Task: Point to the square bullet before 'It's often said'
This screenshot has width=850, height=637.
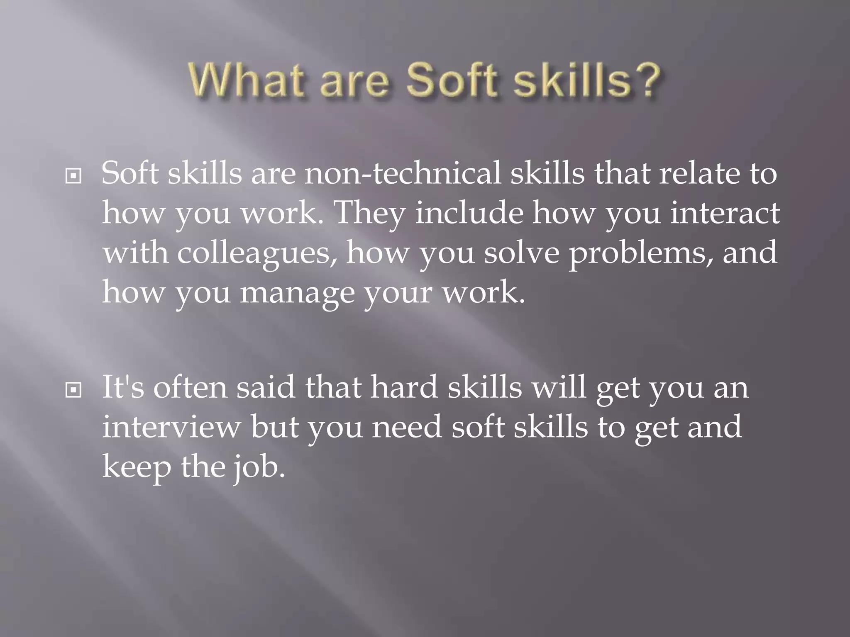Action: point(73,390)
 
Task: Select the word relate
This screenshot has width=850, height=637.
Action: point(699,173)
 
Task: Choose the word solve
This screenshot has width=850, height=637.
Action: point(522,253)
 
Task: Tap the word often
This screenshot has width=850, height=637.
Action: point(191,387)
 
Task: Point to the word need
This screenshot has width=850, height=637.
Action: point(406,427)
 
